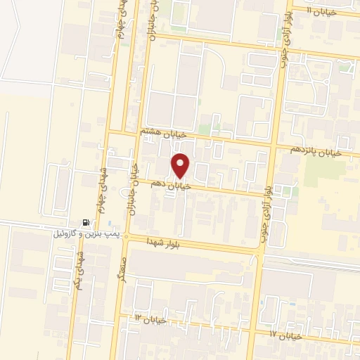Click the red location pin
181,165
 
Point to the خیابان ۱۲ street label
151,319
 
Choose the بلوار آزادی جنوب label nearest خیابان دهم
266,191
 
